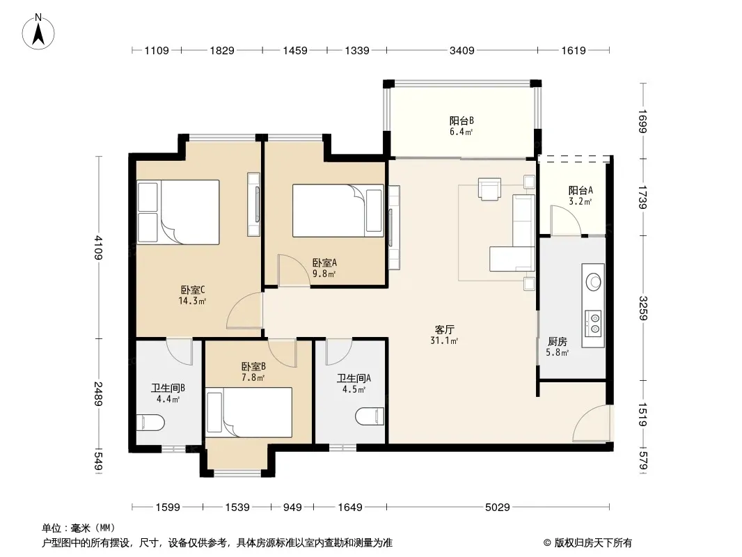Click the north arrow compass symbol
(x=38, y=32)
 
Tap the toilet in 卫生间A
(x=370, y=416)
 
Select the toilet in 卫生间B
(x=150, y=423)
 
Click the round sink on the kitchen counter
(x=594, y=282)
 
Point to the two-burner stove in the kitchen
(x=594, y=323)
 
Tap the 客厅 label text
(x=444, y=329)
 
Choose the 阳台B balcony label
(x=461, y=120)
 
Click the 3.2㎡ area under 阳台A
(x=580, y=202)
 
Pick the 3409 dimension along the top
(x=462, y=50)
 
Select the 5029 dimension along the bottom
(x=498, y=508)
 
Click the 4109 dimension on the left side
(x=98, y=247)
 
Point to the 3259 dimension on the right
(x=642, y=308)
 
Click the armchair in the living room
(x=489, y=189)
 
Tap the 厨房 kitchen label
(x=558, y=341)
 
